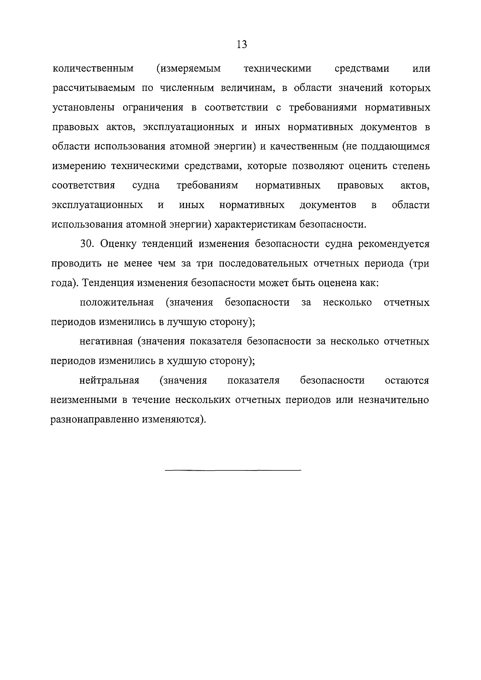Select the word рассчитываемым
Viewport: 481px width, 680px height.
click(x=93, y=88)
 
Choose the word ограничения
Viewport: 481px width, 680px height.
click(x=153, y=108)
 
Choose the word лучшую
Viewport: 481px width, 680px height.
click(x=187, y=322)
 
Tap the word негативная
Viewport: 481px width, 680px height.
click(x=106, y=341)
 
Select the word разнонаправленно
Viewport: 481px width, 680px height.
click(x=94, y=419)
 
